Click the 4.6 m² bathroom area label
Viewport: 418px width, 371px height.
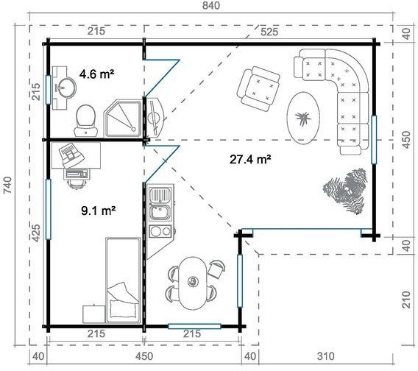click(x=96, y=74)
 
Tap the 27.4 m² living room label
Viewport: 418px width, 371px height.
click(x=250, y=159)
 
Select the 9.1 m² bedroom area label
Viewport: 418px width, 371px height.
click(x=98, y=211)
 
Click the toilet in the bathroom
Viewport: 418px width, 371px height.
click(x=86, y=121)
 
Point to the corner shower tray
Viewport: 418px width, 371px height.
click(x=123, y=119)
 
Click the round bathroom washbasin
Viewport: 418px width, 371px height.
click(x=65, y=88)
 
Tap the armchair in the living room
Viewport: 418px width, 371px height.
click(x=258, y=88)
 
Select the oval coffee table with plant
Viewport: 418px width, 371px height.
click(x=303, y=118)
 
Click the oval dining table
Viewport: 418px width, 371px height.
click(x=193, y=283)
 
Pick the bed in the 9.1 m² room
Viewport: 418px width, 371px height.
click(x=123, y=280)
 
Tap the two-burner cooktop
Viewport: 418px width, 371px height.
click(x=160, y=231)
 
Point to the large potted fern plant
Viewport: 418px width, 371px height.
click(x=345, y=190)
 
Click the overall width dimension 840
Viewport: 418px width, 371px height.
click(x=211, y=5)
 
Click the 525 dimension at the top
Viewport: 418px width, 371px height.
click(x=269, y=32)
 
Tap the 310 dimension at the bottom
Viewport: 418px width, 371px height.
click(x=326, y=356)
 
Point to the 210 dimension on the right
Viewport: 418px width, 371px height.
click(x=406, y=300)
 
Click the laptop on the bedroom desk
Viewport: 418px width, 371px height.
click(x=71, y=154)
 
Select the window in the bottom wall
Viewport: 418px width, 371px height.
click(x=194, y=326)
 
